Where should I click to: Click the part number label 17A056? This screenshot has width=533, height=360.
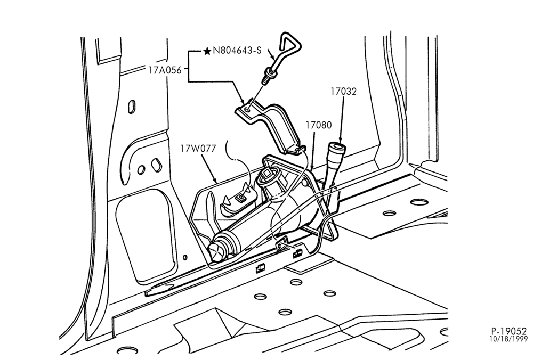(165, 70)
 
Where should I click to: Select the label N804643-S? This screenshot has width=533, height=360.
(237, 51)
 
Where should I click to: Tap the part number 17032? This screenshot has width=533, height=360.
(343, 92)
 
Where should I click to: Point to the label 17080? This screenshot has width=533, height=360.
(318, 125)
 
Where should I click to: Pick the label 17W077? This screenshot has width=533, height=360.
(198, 149)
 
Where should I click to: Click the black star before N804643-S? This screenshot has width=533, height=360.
(207, 51)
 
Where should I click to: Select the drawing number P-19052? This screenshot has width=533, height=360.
(509, 331)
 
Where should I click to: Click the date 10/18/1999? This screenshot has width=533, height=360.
(508, 339)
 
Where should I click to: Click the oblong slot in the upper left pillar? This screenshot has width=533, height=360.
(132, 107)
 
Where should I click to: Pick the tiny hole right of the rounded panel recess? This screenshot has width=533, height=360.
(185, 257)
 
